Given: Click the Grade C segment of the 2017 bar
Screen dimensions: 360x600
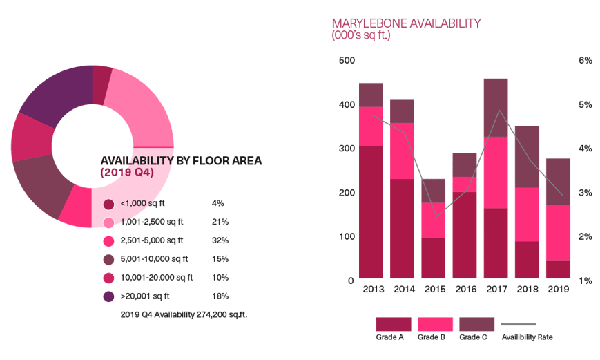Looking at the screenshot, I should click(x=495, y=107).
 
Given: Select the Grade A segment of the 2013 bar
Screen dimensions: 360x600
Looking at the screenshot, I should click(x=370, y=212).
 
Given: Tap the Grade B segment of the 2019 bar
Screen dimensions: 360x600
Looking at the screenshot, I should click(x=558, y=233).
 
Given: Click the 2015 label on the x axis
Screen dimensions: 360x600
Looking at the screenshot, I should click(x=434, y=290).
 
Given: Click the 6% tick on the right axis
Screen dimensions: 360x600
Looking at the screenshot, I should click(x=585, y=61).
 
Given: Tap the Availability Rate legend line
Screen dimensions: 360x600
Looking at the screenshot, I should click(x=518, y=324).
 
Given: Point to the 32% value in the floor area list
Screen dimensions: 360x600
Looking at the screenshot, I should click(x=220, y=240).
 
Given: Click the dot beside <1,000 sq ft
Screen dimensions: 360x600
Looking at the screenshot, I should click(x=108, y=204).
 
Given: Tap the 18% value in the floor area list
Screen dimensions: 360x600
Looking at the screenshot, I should click(x=220, y=296).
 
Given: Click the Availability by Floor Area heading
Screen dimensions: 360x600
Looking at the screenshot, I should click(x=181, y=161).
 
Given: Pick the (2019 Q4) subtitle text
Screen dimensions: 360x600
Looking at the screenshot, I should click(x=127, y=173).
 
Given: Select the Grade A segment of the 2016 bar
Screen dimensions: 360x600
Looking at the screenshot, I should click(x=464, y=236).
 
